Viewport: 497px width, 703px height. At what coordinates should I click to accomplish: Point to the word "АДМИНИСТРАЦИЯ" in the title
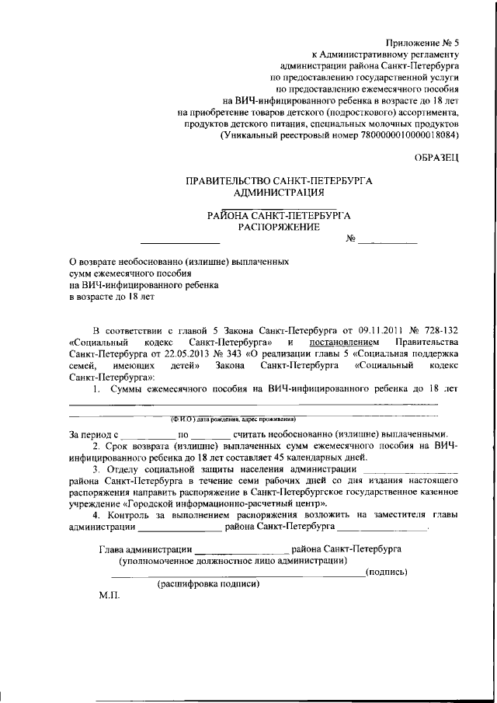279,192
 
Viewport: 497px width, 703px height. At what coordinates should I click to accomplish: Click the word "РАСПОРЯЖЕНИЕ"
279,226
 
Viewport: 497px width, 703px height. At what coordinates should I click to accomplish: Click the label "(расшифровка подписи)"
207,584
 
